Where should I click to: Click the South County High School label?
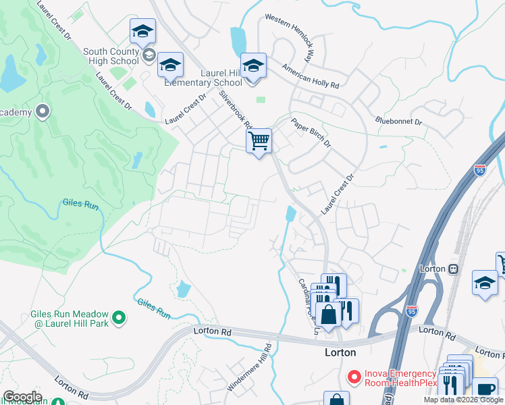[x=111, y=56]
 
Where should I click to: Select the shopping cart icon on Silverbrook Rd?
[x=259, y=141]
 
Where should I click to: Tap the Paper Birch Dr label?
[x=311, y=133]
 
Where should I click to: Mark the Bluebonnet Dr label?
[x=398, y=122]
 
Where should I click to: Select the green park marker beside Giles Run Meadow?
[x=119, y=316]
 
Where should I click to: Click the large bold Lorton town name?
[x=340, y=352]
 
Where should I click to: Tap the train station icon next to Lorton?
[x=453, y=269]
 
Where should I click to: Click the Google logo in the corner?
[x=22, y=396]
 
